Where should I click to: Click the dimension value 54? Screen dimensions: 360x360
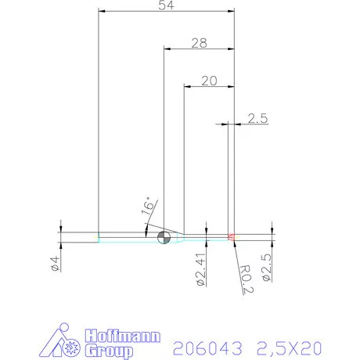coord(166,6)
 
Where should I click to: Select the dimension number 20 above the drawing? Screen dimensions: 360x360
coord(209,81)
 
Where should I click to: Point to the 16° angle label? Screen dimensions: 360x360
coord(148,207)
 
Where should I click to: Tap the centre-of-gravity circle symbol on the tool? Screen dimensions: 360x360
coord(164,238)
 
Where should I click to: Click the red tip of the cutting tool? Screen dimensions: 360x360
coord(232,236)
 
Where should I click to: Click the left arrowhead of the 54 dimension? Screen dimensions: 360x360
coord(101,11)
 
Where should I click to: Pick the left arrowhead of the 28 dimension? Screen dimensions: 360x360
coord(167,49)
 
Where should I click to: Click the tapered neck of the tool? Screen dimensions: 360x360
coord(179,236)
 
